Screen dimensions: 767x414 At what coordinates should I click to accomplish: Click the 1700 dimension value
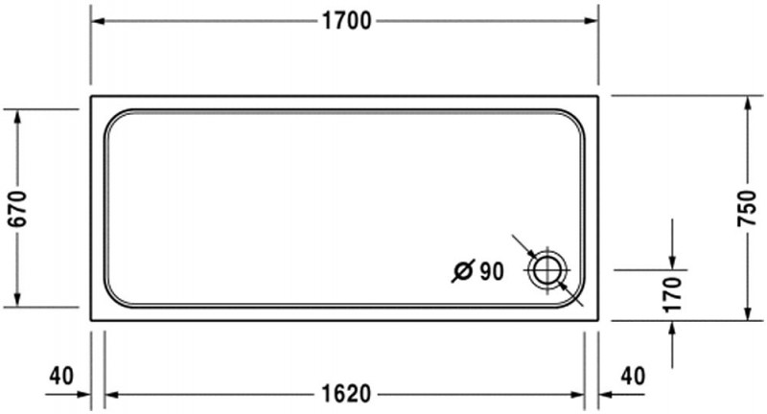coord(347,21)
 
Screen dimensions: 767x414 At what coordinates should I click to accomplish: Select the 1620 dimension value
coord(347,394)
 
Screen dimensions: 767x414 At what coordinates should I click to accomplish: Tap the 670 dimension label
coord(18,209)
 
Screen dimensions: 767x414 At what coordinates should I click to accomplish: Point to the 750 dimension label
coord(747,208)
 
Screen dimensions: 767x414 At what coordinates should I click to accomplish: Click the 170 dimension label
coord(672,295)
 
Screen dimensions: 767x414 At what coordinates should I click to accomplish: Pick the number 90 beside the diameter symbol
coord(491,271)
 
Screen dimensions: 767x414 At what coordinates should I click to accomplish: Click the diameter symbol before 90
coord(463,271)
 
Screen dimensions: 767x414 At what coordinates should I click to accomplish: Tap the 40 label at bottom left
coord(61,376)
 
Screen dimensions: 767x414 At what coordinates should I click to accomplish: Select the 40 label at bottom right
coord(633,376)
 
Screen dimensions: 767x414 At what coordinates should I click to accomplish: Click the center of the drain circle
coord(547,270)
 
